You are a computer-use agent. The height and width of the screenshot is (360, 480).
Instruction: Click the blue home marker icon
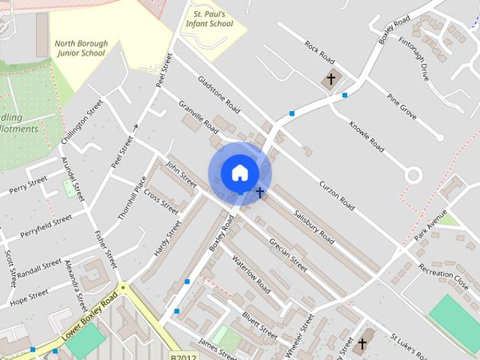tap(239, 173)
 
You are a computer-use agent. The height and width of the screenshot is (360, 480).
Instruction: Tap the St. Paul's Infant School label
tap(209, 19)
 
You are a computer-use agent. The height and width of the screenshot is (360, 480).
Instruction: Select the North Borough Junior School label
tap(81, 48)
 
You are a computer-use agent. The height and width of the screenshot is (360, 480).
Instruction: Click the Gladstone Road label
tap(218, 94)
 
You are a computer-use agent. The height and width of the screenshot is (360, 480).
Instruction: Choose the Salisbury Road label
tap(314, 226)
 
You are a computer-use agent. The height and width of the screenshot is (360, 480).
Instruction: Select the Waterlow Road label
tap(251, 274)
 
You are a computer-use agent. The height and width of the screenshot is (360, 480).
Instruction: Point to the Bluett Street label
tap(260, 324)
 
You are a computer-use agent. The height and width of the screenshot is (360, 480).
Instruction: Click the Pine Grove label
tap(401, 106)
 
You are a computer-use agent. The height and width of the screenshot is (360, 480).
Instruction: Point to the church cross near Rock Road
tap(331, 79)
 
